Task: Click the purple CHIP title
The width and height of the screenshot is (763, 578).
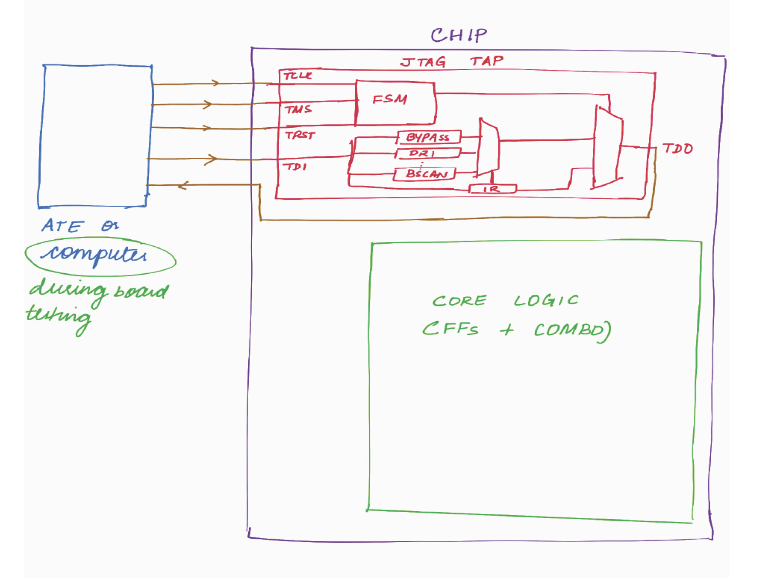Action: coord(459,35)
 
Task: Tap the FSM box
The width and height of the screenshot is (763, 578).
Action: coord(395,103)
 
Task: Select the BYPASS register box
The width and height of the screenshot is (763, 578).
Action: coord(429,137)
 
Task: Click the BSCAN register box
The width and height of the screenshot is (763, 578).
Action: coord(425,174)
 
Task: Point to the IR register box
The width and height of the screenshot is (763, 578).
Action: coord(492,189)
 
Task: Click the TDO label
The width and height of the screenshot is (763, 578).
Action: coord(678,149)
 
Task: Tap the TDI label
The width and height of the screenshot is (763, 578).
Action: coord(295,167)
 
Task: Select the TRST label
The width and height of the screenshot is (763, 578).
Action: coord(300,135)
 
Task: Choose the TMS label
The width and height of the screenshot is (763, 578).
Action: coord(298,109)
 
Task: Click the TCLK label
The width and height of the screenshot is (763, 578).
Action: coord(298,76)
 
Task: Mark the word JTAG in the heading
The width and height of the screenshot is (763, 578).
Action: coord(423,62)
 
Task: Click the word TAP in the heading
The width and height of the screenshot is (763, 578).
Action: coord(486,61)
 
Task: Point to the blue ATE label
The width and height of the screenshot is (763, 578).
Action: coord(62,226)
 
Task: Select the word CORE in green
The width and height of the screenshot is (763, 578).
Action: coord(459,301)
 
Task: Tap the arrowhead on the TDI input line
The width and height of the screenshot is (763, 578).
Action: coord(212,159)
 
